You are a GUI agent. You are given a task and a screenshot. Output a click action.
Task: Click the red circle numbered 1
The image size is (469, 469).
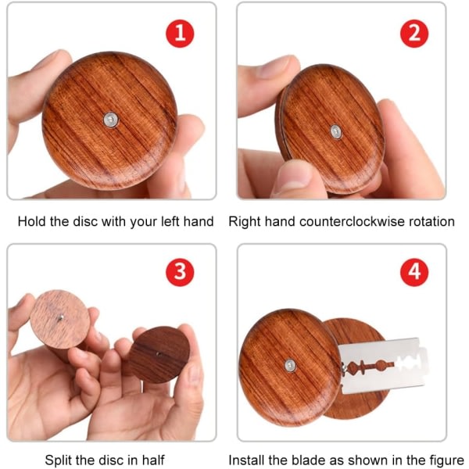(x=180, y=34)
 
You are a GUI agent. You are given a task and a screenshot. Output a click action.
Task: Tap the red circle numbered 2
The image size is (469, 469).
(x=414, y=34)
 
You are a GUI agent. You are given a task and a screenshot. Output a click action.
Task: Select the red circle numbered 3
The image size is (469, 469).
(x=180, y=272)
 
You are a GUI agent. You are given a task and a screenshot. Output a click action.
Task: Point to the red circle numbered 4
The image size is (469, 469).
(x=414, y=272)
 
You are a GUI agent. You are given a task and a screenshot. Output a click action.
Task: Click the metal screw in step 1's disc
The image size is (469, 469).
(x=111, y=120)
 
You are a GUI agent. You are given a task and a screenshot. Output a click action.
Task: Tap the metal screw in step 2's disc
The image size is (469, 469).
(x=336, y=132)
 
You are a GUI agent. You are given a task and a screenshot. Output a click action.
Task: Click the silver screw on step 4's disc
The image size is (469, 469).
(x=290, y=365)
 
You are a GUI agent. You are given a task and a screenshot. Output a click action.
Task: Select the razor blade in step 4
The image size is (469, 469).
(x=384, y=366)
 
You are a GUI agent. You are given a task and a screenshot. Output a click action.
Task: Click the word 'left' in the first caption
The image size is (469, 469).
(x=170, y=222)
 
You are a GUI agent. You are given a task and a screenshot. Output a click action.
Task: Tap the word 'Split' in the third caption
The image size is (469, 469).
(x=59, y=460)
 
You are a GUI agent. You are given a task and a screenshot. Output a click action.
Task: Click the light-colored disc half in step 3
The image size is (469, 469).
(x=60, y=319)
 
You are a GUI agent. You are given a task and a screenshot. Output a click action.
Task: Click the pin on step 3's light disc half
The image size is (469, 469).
(x=61, y=317)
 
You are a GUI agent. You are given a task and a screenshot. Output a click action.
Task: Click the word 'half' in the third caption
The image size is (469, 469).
(x=153, y=460)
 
